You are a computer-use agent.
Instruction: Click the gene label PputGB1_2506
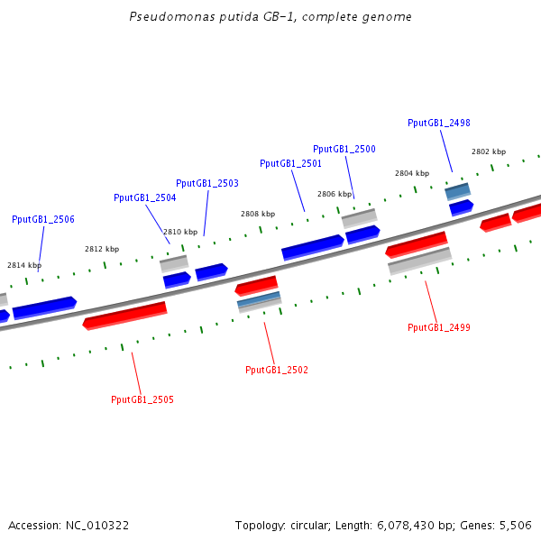coord(43,220)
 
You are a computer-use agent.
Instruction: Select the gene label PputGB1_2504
coord(144,197)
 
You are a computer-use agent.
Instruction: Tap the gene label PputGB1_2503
coord(207,184)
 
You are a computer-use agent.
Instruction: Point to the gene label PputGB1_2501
coord(290,164)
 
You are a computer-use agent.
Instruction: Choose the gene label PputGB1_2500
coord(344,150)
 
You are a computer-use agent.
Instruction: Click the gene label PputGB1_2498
coord(438,124)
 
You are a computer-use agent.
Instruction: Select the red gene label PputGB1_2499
coord(439,327)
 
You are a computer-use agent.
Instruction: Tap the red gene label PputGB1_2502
coord(277,370)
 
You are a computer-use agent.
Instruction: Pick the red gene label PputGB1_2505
coord(142,399)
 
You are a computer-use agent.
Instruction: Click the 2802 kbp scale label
coord(489,151)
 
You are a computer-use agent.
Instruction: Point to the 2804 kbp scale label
coord(412,173)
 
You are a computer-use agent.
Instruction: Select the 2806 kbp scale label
coord(335,194)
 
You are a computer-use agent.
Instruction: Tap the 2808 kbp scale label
coord(258,214)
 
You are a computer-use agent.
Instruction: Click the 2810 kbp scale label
coord(179,232)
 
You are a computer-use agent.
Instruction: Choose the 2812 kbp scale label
coord(102,249)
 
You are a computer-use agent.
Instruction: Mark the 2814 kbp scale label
coord(24,265)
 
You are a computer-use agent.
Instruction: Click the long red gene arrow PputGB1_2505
coord(124,316)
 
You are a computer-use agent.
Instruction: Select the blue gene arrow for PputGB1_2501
coord(312,247)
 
